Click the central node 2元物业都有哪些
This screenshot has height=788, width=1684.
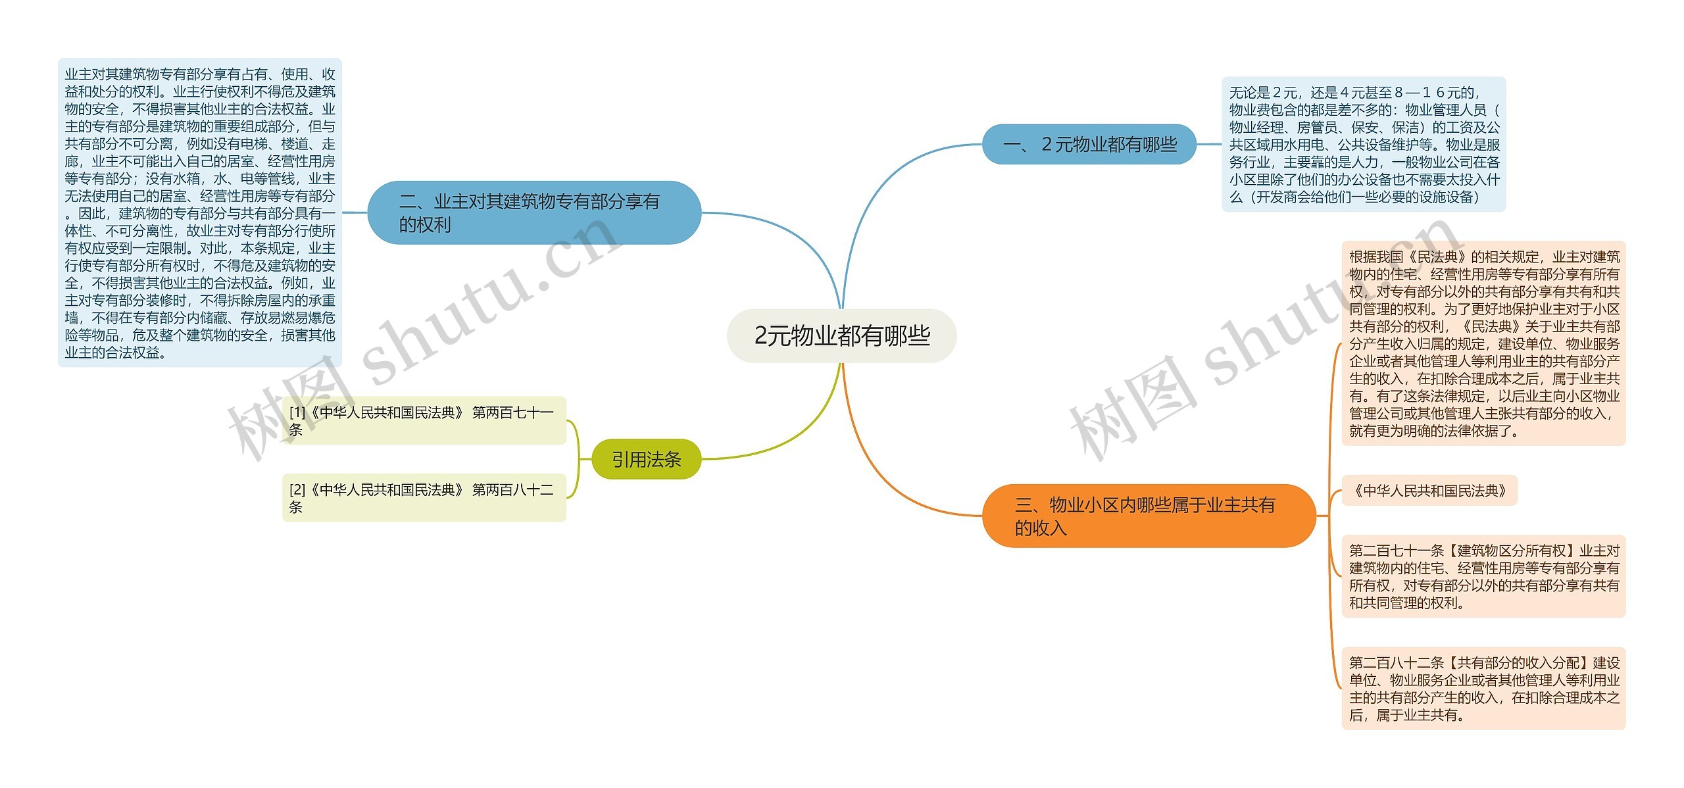841,335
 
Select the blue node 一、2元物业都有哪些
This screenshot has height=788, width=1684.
1089,144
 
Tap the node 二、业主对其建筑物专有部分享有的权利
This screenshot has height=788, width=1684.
533,212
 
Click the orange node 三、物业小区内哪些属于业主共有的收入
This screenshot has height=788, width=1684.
1148,516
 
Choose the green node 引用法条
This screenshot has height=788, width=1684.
646,459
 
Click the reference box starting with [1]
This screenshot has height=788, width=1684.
424,420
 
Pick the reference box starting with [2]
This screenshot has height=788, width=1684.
424,498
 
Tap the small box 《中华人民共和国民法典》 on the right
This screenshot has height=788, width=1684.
1429,491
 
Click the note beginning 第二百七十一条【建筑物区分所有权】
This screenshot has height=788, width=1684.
1483,576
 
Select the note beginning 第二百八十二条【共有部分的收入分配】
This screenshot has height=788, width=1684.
1483,688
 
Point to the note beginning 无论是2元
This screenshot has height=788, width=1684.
1363,144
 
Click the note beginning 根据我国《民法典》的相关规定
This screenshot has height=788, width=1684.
1483,343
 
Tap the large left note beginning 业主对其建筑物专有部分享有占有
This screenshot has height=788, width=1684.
200,212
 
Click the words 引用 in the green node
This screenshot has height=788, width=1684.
629,459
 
